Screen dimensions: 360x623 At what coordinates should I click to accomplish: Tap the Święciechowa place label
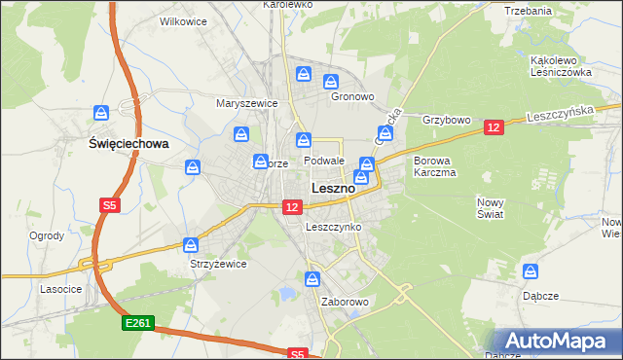click(128, 143)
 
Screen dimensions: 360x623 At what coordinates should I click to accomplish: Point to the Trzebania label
click(530, 11)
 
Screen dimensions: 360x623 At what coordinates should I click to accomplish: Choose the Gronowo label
click(352, 97)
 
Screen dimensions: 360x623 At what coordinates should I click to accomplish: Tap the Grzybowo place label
click(447, 121)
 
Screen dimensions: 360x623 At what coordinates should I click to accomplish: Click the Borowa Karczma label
click(434, 166)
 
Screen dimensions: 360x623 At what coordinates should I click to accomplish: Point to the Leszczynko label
click(333, 227)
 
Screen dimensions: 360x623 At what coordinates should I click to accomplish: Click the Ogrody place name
click(47, 235)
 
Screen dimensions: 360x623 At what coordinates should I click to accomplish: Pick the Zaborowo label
click(345, 302)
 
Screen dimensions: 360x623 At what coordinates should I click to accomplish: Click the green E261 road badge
click(137, 322)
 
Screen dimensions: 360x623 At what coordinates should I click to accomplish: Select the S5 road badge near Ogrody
click(109, 205)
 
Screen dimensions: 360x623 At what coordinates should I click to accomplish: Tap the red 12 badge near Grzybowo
click(494, 127)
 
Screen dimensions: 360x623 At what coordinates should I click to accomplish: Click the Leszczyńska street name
click(559, 114)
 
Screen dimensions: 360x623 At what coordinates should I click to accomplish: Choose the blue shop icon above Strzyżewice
click(191, 245)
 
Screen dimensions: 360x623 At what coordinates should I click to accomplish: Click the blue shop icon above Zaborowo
click(311, 279)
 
